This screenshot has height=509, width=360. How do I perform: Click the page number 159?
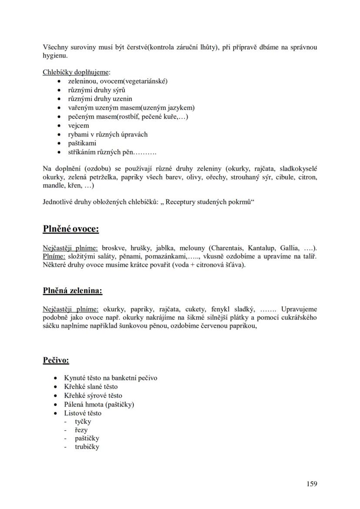click(x=311, y=484)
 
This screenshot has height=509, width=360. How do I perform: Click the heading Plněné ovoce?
click(x=71, y=229)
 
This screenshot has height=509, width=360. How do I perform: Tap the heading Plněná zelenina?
click(x=73, y=290)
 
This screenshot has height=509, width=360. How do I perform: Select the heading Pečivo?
click(x=56, y=360)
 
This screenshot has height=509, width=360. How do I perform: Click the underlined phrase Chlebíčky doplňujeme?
click(x=76, y=72)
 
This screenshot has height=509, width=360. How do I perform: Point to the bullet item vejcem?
click(x=78, y=126)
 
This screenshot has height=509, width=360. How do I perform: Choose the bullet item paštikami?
click(x=82, y=143)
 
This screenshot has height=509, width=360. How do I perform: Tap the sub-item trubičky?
click(x=87, y=447)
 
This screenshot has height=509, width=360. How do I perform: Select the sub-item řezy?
click(x=81, y=430)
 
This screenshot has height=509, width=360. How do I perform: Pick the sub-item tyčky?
click(x=83, y=421)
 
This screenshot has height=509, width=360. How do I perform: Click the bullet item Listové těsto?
click(x=83, y=413)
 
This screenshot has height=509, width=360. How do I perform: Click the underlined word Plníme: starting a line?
click(x=53, y=256)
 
